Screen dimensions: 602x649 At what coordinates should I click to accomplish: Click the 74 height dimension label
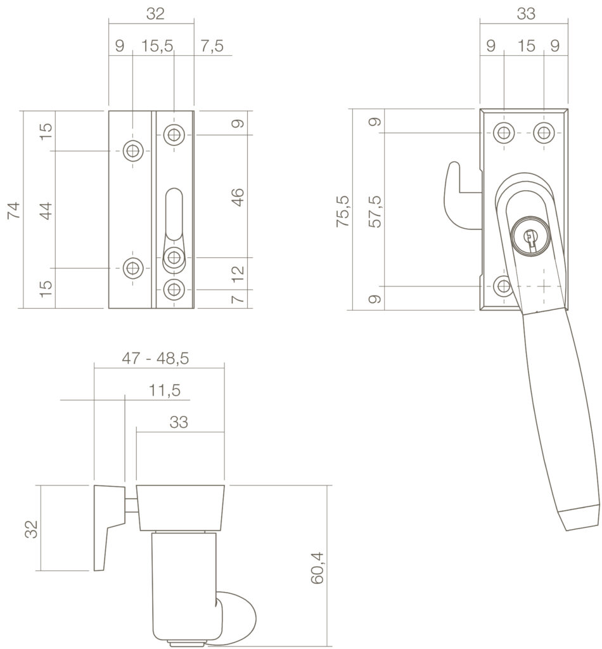13,210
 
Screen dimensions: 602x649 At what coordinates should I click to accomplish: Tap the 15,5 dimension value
157,46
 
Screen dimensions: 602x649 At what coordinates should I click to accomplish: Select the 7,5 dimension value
212,46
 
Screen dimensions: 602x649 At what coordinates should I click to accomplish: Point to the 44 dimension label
46,210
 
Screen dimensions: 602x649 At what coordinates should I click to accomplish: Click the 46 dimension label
238,197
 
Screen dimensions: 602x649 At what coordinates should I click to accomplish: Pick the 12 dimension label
238,274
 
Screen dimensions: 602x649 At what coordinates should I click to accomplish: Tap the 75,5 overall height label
343,210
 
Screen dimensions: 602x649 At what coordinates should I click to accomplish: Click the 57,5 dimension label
376,212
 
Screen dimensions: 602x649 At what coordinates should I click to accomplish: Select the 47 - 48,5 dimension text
155,358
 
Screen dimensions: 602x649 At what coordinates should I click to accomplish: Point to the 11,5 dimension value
165,390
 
